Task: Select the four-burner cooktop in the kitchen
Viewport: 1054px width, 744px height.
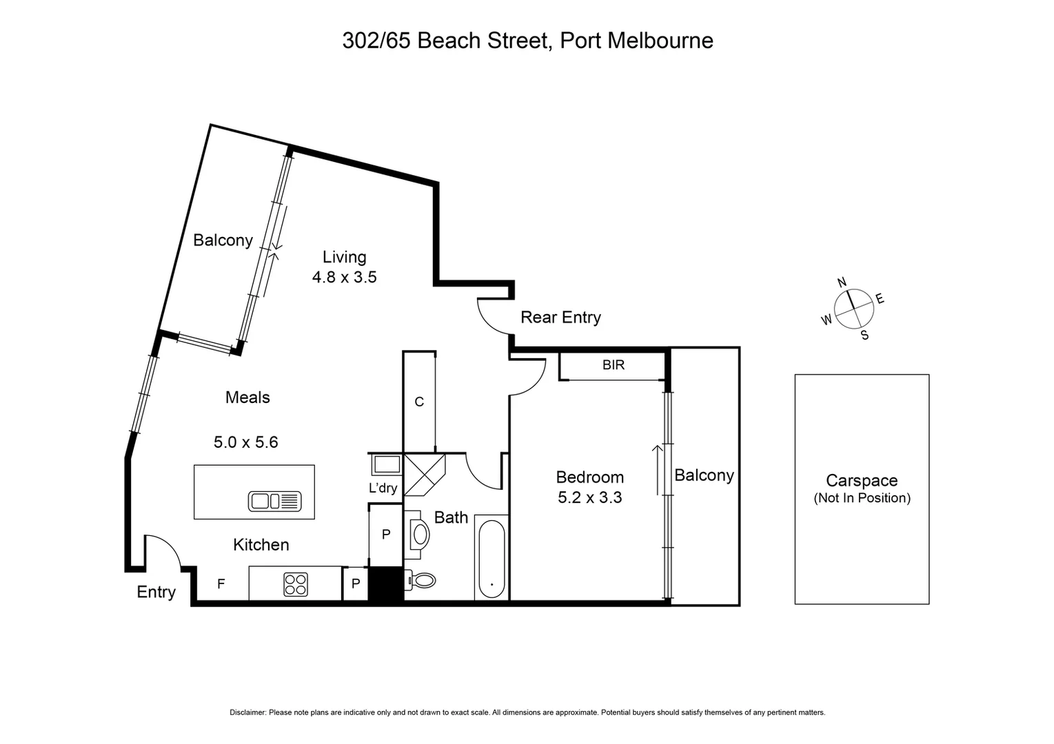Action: (x=296, y=585)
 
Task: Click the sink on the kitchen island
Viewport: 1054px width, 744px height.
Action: (x=274, y=501)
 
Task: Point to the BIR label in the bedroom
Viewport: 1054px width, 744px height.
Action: (x=614, y=365)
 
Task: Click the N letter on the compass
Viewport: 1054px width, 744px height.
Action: (x=842, y=282)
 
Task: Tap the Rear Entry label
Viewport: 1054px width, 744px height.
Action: (x=560, y=318)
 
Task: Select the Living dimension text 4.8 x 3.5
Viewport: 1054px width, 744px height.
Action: (x=344, y=278)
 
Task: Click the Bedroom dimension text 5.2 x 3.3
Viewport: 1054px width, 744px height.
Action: (x=589, y=497)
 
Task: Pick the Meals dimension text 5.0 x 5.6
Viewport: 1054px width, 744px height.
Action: (x=245, y=442)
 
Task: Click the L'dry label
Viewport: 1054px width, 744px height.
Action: (x=383, y=488)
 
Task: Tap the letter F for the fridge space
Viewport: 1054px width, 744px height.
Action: (x=221, y=584)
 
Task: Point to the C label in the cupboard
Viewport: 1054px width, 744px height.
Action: (x=419, y=402)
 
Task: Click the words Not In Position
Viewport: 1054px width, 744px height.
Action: (x=862, y=498)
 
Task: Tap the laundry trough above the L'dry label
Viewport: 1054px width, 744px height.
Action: (x=387, y=465)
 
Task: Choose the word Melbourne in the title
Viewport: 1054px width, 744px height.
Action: (x=660, y=41)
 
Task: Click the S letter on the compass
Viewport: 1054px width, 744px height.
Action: (x=864, y=335)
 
